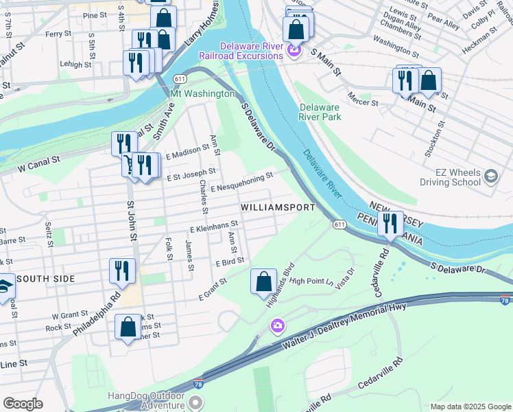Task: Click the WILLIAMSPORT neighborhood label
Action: point(278,207)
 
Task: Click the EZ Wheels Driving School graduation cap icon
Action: point(491,176)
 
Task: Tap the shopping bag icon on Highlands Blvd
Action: point(263,282)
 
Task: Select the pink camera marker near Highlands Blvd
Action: point(277,325)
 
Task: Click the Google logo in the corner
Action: point(23,403)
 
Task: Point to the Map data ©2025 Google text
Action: point(470,407)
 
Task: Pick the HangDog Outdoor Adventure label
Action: point(146,402)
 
